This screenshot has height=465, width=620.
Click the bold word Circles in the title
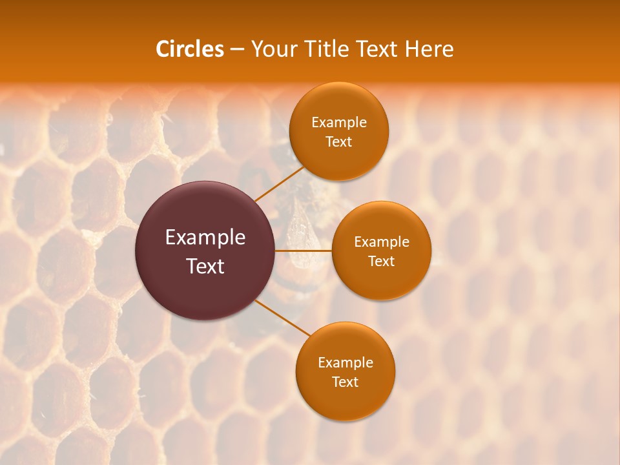[189, 49]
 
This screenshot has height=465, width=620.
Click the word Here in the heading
[429, 49]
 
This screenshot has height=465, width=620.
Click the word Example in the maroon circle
[205, 238]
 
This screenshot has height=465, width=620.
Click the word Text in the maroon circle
[205, 266]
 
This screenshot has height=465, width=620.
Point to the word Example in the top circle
[339, 123]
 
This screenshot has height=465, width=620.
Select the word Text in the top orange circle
[338, 141]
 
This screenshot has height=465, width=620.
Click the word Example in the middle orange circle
[382, 242]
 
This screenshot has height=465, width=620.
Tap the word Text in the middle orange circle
[381, 261]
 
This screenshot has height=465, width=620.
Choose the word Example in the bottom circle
[346, 363]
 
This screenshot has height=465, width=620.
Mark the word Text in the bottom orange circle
[345, 382]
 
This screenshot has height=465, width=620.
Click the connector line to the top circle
[279, 184]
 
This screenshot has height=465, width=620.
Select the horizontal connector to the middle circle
[304, 251]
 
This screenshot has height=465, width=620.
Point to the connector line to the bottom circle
[283, 318]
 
